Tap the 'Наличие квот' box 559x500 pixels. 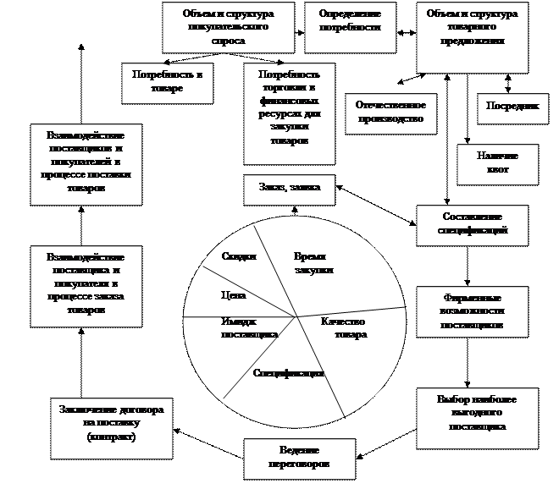click(x=496, y=164)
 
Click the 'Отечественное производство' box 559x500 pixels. click(x=390, y=113)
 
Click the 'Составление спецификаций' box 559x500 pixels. click(x=472, y=225)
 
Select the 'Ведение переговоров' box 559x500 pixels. click(x=299, y=459)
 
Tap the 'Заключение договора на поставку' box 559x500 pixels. click(x=111, y=425)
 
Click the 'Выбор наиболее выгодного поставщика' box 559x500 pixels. click(x=476, y=418)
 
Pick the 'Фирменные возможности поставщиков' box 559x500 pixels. click(x=472, y=311)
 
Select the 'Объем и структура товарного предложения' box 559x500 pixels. click(x=472, y=36)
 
